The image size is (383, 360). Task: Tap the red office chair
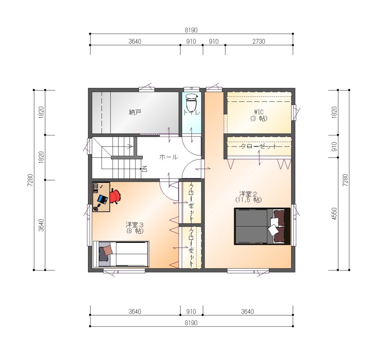tap(115, 196)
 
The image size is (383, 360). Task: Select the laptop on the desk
tap(103, 199)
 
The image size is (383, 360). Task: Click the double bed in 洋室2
tap(262, 226)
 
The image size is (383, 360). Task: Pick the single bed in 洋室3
tap(121, 254)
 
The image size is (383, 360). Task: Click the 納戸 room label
tap(135, 112)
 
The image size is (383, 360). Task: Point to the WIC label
tap(259, 112)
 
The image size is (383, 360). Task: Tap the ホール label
tap(169, 157)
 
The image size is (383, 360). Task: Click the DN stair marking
tap(144, 169)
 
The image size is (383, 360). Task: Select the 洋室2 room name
tap(248, 194)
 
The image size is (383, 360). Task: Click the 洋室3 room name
tap(134, 225)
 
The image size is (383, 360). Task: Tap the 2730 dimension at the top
tap(259, 41)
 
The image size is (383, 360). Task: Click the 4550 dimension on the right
tap(334, 213)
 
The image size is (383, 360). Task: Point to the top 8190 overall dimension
tap(191, 30)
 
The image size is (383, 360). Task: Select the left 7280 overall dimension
tap(30, 180)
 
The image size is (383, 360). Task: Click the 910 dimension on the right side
tap(334, 147)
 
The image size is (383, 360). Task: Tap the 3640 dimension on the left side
tap(41, 225)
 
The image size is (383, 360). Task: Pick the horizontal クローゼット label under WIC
tap(259, 146)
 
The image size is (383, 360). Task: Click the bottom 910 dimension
tap(191, 312)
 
